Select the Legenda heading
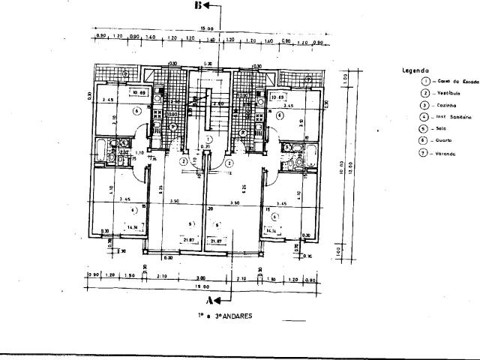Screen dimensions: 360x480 pyautogui.click(x=415, y=69)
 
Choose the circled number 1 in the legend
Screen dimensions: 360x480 pyautogui.click(x=425, y=81)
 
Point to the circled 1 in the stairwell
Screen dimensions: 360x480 pyautogui.click(x=209, y=139)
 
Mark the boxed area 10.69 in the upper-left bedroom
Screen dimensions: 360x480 pyautogui.click(x=138, y=93)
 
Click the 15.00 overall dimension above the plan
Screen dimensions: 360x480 pyautogui.click(x=196, y=28)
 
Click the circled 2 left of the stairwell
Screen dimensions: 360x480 pyautogui.click(x=183, y=160)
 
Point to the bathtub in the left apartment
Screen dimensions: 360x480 pyautogui.click(x=100, y=148)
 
